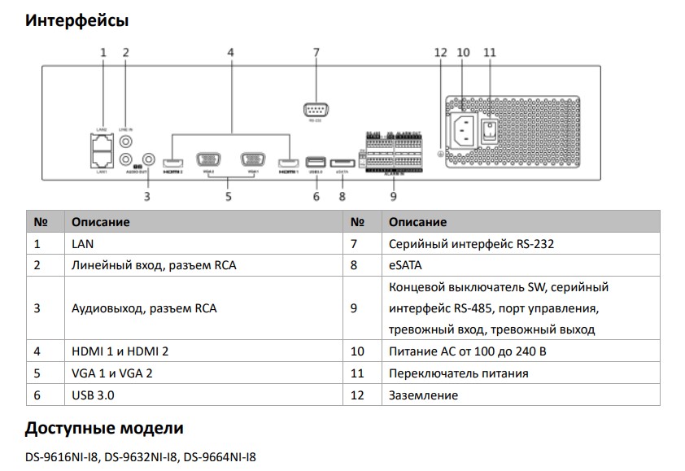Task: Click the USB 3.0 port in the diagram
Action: [316, 162]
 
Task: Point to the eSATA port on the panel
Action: [342, 162]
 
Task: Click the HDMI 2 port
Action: [172, 162]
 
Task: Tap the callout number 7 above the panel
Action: [316, 52]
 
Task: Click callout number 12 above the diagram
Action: [440, 52]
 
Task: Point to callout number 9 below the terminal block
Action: [393, 195]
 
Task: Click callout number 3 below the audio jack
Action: [148, 195]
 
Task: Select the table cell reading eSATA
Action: [402, 264]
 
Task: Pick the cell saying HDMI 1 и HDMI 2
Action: [120, 351]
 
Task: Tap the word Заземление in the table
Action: [423, 395]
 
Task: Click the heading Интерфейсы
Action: [76, 20]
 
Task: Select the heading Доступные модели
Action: [104, 428]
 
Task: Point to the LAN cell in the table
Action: [83, 242]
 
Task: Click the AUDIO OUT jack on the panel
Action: [148, 159]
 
